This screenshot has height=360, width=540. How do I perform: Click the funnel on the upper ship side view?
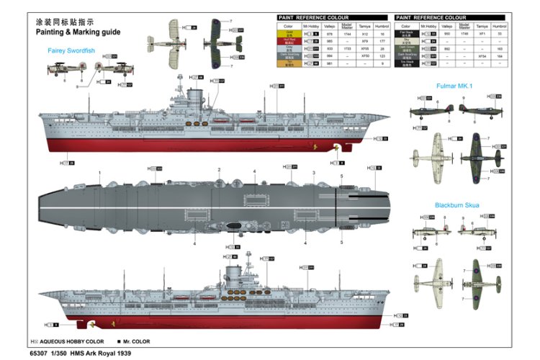194,96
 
